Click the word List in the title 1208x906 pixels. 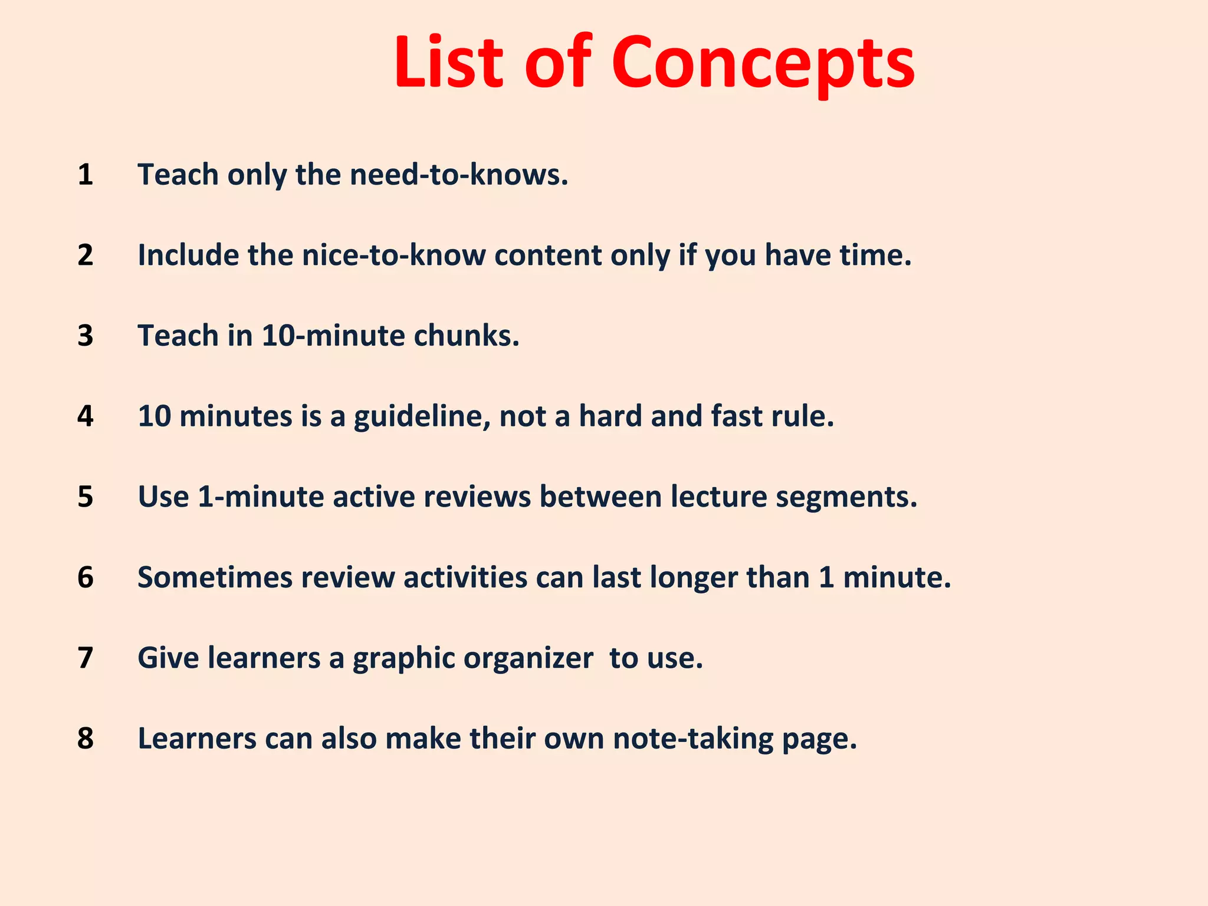pyautogui.click(x=449, y=63)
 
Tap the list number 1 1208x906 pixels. pyautogui.click(x=86, y=175)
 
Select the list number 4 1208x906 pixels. pyautogui.click(x=86, y=416)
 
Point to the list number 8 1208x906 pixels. pyautogui.click(x=86, y=738)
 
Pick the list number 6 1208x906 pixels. pyautogui.click(x=86, y=577)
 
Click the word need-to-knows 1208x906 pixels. pyautogui.click(x=459, y=175)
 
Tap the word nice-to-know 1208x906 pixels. pyautogui.click(x=393, y=255)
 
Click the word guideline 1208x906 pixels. pyautogui.click(x=422, y=416)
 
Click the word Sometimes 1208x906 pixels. pyautogui.click(x=215, y=577)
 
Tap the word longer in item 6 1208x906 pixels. pyautogui.click(x=694, y=577)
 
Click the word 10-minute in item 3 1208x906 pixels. pyautogui.click(x=333, y=336)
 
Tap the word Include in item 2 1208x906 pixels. pyautogui.click(x=188, y=255)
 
